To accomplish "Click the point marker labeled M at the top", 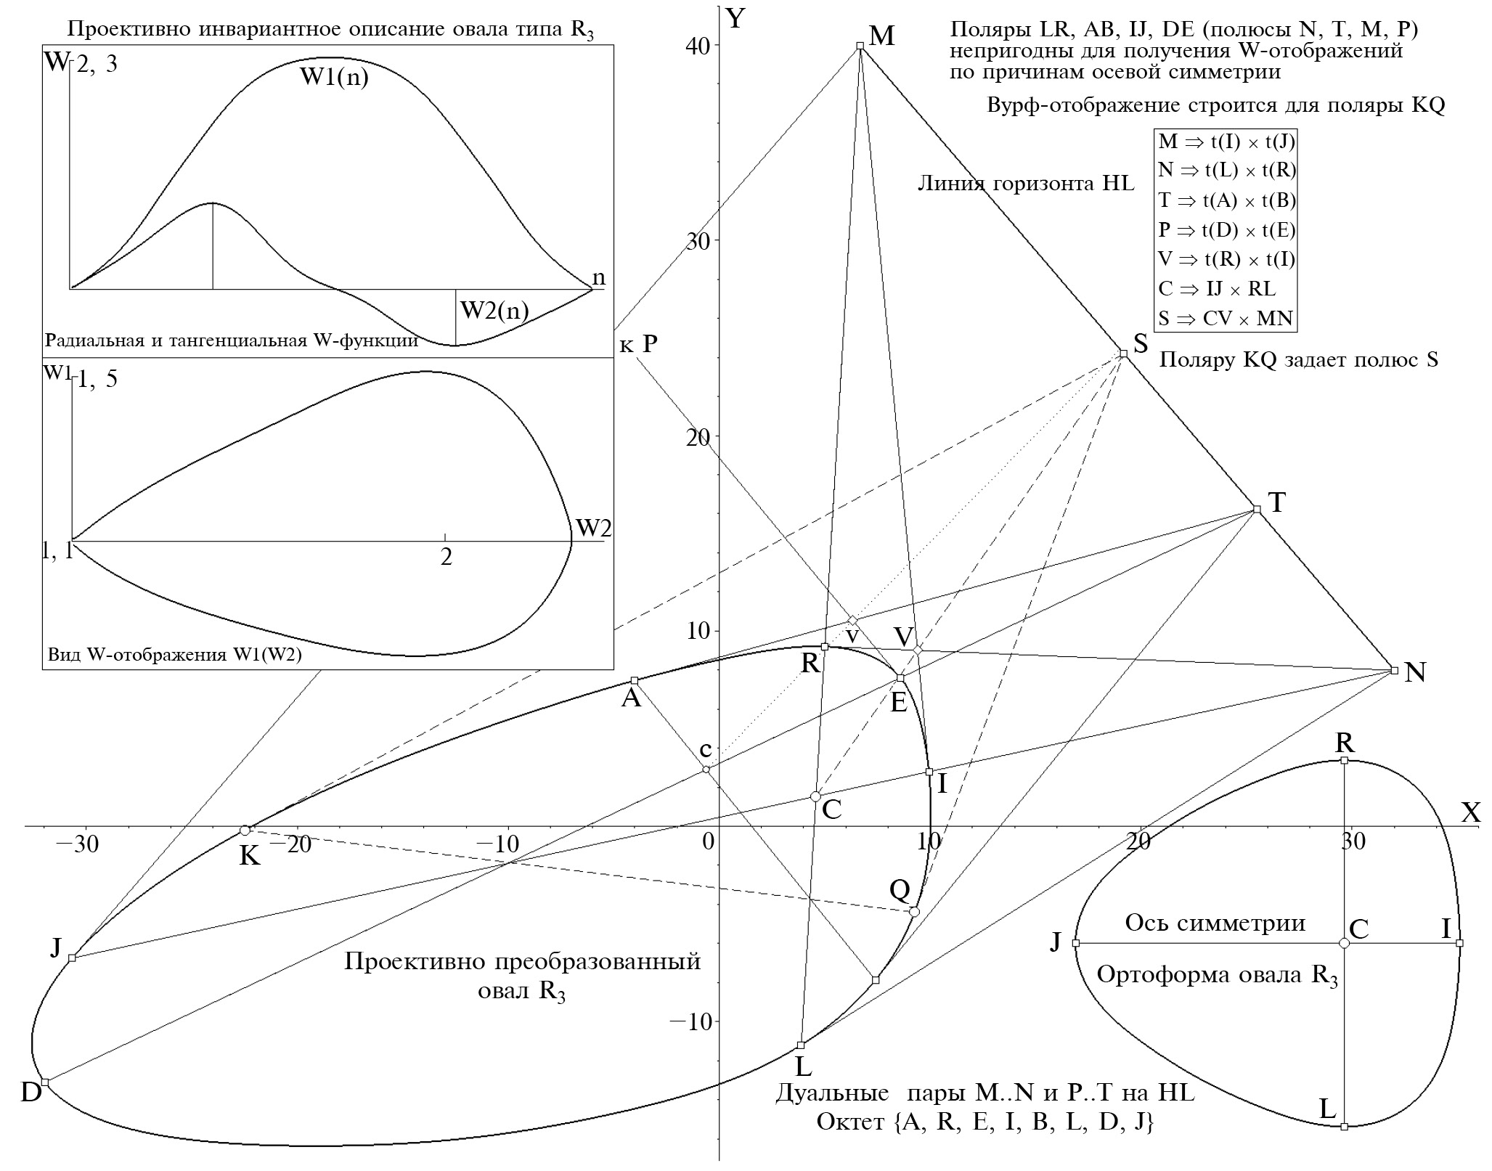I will [x=860, y=46].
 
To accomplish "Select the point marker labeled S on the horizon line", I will [x=1123, y=354].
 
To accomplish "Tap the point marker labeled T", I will [x=1257, y=509].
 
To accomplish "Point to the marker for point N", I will [x=1394, y=670].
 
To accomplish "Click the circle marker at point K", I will [x=245, y=831].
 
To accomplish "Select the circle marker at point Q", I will [x=914, y=912].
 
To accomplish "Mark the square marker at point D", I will [x=45, y=1082].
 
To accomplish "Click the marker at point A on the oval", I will [x=634, y=680].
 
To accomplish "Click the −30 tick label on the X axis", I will [x=78, y=844].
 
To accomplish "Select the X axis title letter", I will [x=1470, y=812].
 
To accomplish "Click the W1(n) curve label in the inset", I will [x=334, y=78].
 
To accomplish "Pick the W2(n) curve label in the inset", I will [x=494, y=311].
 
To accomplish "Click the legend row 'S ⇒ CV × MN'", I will [x=1225, y=318].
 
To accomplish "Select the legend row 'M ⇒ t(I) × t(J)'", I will [x=1225, y=142].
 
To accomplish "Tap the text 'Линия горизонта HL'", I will [x=1025, y=183].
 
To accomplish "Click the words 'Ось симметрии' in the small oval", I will [x=1215, y=923].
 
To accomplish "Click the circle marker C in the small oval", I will [x=1344, y=943].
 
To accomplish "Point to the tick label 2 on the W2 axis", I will [x=446, y=557].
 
